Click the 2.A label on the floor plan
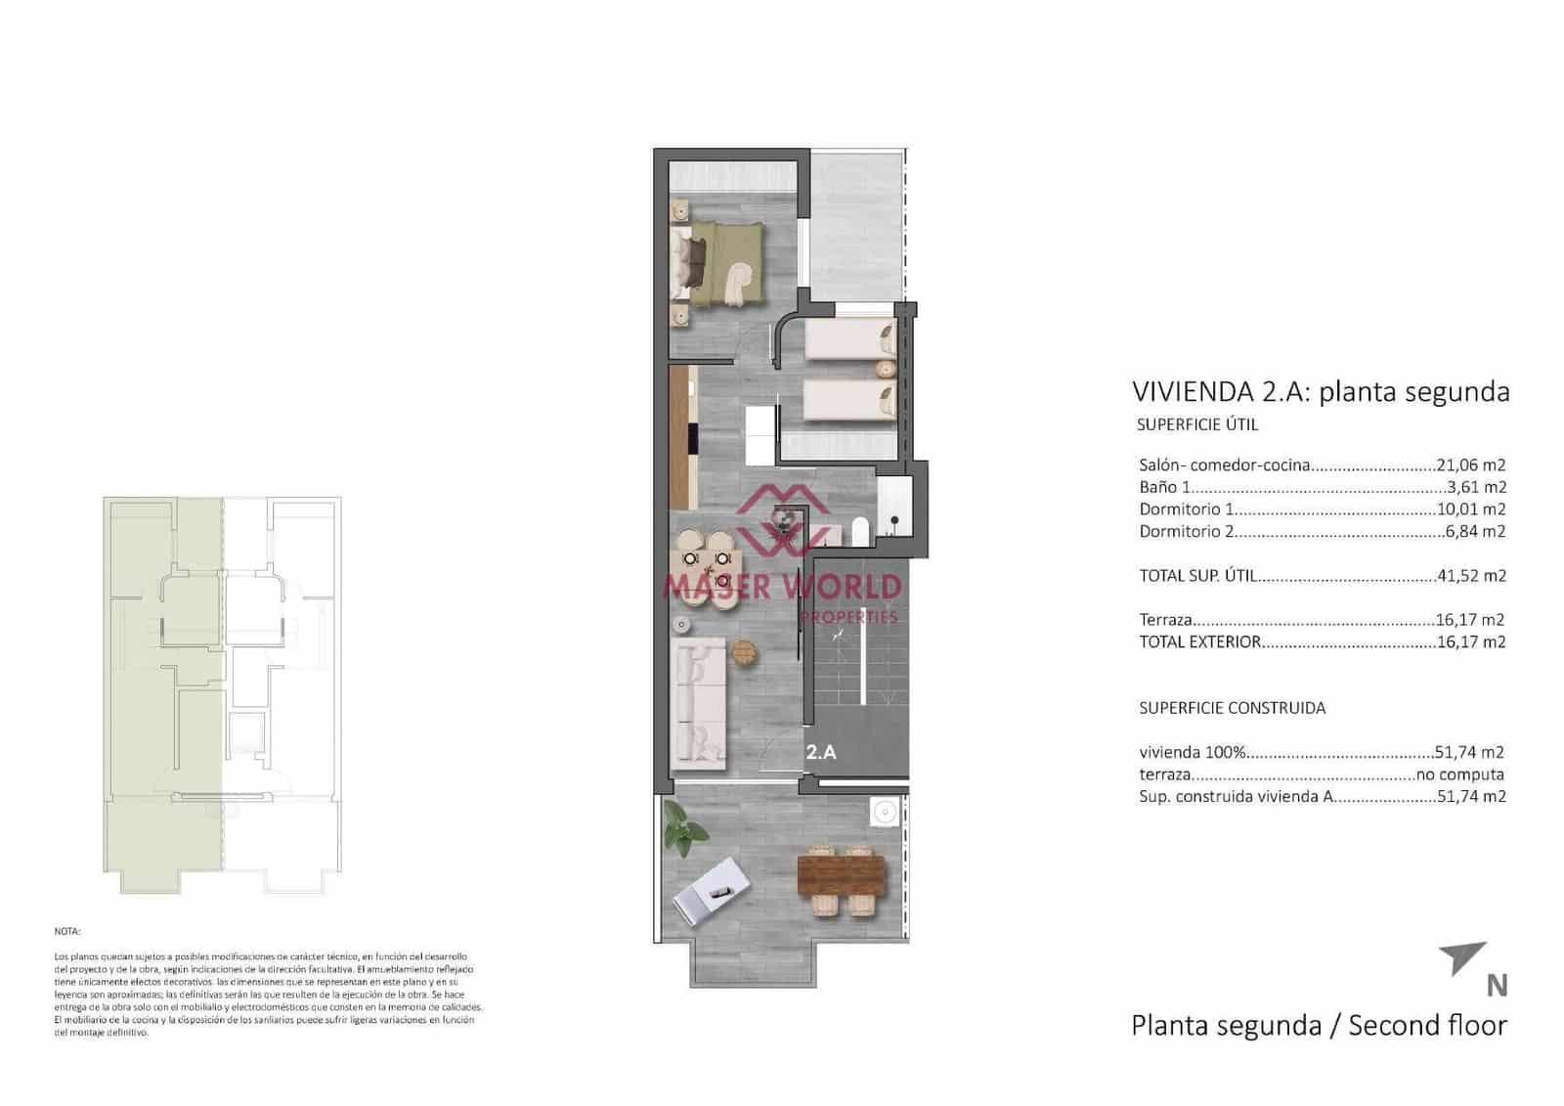[x=821, y=752]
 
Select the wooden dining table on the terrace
[x=842, y=875]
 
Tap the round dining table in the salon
[x=706, y=569]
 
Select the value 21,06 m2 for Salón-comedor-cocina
[x=1470, y=465]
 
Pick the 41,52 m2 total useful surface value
[x=1470, y=576]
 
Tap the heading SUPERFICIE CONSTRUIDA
[x=1232, y=708]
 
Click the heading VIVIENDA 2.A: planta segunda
[x=1320, y=392]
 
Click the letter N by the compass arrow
[x=1496, y=986]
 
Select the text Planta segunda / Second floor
[x=1318, y=1026]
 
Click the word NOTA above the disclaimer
[x=67, y=932]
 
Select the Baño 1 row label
[x=1164, y=487]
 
